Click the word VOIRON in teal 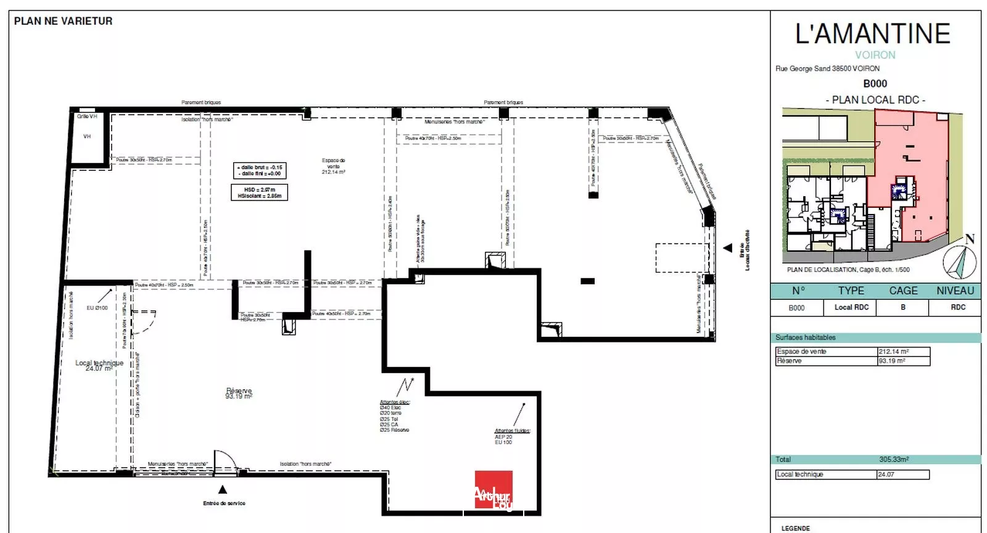click(x=875, y=55)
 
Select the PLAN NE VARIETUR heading click(x=63, y=21)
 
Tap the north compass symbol click(x=960, y=260)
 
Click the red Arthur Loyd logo click(x=493, y=490)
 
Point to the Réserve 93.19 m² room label click(x=239, y=393)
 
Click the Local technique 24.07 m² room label click(x=99, y=365)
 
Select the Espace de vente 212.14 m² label click(x=333, y=166)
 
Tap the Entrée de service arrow click(x=223, y=490)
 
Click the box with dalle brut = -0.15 click(x=260, y=170)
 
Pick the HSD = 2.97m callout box click(x=259, y=192)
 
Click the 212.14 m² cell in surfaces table click(x=903, y=352)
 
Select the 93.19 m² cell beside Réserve click(x=903, y=361)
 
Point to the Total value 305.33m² click(x=893, y=460)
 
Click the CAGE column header click(x=903, y=291)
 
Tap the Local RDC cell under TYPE click(x=851, y=307)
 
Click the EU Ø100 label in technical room click(x=97, y=308)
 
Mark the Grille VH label click(x=87, y=117)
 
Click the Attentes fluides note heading click(x=512, y=431)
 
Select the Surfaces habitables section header click(x=805, y=337)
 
